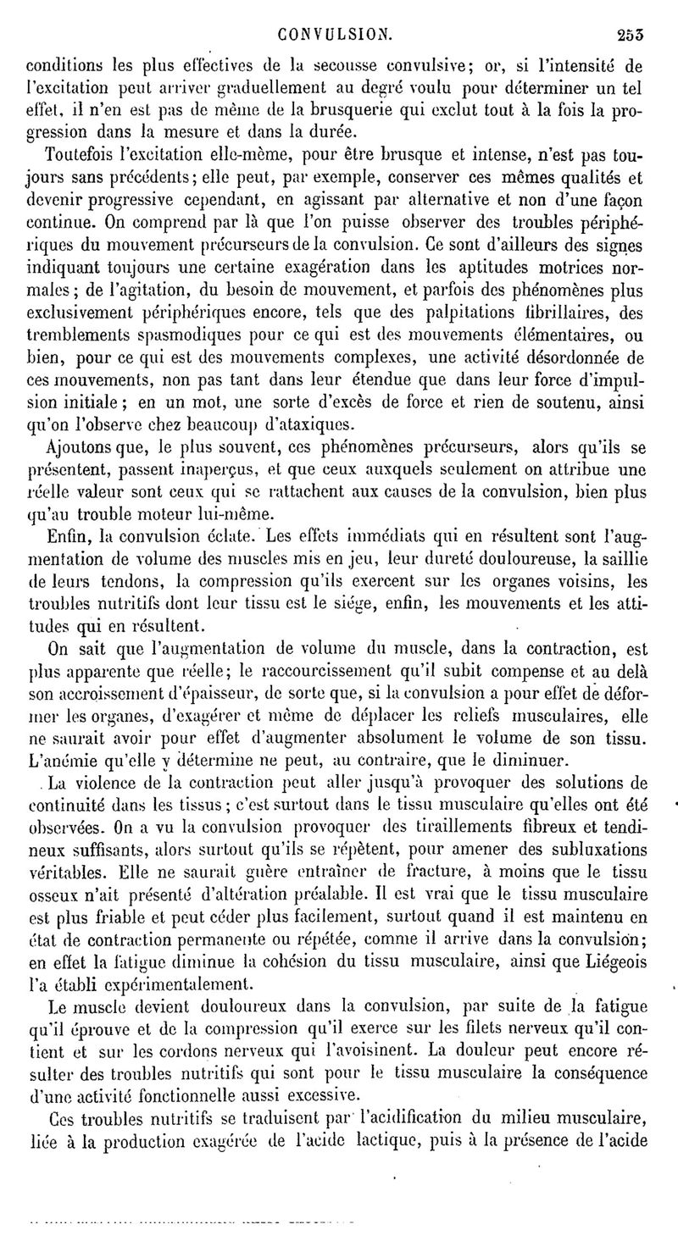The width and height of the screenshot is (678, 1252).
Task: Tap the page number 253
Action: click(631, 36)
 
